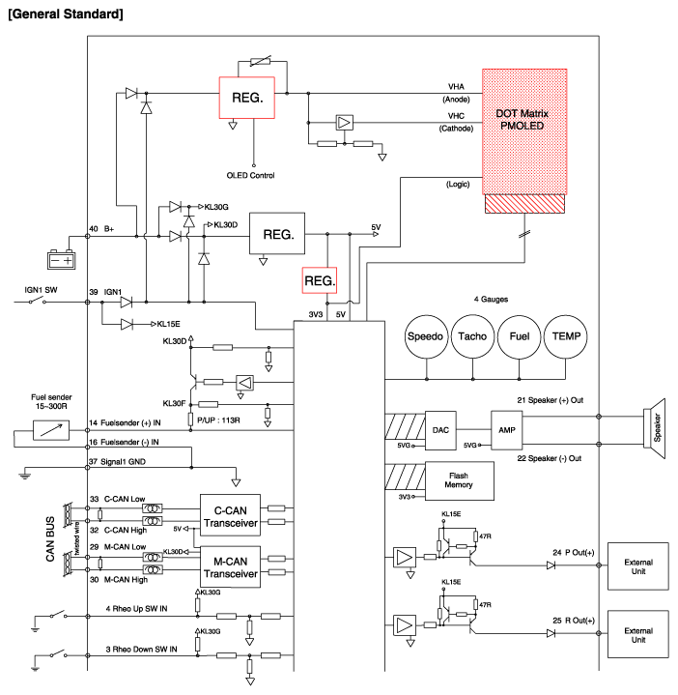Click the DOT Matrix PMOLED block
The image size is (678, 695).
[524, 131]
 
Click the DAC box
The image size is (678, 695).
[440, 430]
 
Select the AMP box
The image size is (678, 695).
[507, 430]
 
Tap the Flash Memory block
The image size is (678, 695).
[459, 481]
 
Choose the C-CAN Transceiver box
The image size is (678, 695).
[230, 515]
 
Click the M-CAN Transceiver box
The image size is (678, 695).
[230, 566]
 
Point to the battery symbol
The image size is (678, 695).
[62, 260]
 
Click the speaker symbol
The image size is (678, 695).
[655, 428]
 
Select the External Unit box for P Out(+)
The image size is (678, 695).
[638, 566]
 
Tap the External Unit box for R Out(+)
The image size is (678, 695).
[638, 634]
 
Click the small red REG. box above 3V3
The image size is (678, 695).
[320, 280]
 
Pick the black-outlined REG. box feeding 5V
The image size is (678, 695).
[277, 234]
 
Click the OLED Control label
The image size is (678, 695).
[251, 176]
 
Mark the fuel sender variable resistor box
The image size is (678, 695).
[51, 430]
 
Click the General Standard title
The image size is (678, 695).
[66, 14]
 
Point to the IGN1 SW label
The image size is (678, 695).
[41, 290]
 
